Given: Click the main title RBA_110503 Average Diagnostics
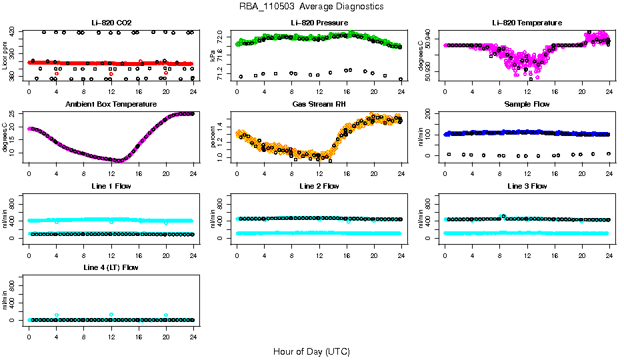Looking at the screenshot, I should coord(311,7).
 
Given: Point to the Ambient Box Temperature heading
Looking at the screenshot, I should coord(111,105).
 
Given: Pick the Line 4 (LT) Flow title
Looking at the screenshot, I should coord(111,267).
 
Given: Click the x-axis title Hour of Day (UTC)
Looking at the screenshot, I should coord(311,351).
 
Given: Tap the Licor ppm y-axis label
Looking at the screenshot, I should coord(5,55).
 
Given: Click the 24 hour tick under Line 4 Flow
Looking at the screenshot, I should coord(193,330).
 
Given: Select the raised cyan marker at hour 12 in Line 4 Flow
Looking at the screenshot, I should coord(111,315).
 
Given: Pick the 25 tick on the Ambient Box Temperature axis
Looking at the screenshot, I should coord(16,114).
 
